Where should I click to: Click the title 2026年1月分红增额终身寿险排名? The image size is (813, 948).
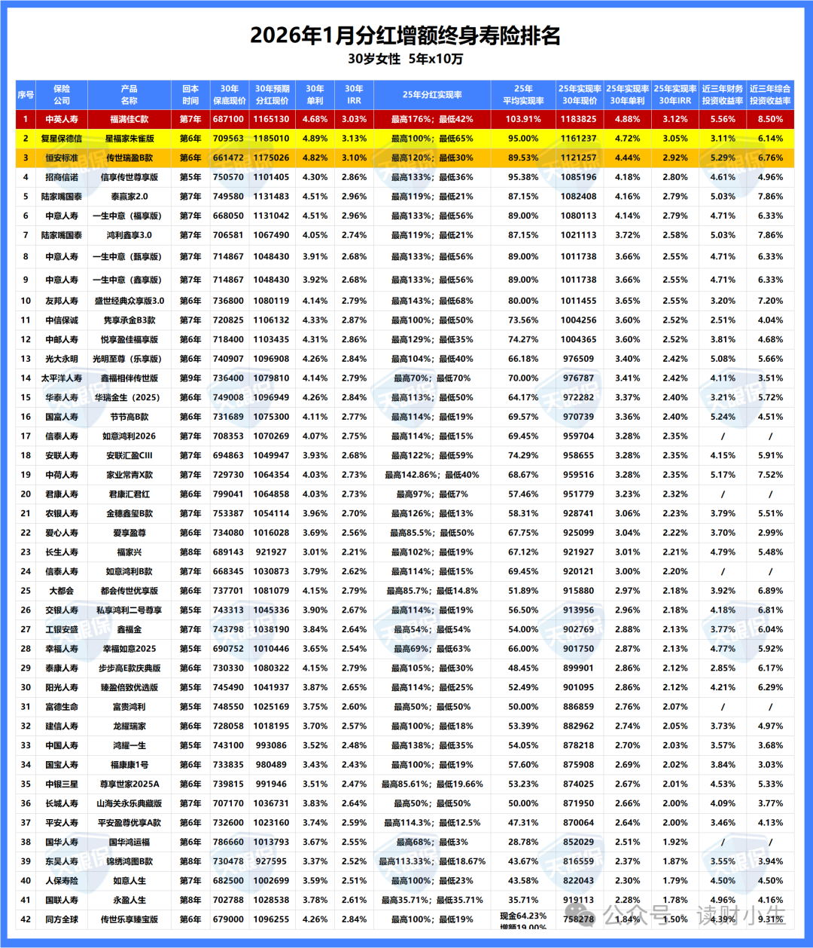[x=405, y=35]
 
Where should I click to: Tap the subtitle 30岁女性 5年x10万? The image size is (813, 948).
[x=405, y=59]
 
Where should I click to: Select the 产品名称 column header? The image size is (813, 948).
[x=129, y=95]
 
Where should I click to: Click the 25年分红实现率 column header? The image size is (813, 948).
[x=432, y=95]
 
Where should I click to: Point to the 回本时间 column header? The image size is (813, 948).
[x=190, y=95]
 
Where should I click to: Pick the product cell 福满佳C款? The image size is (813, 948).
[x=129, y=119]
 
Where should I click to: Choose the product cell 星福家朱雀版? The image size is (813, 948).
[x=129, y=139]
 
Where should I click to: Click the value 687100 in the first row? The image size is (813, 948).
[x=228, y=119]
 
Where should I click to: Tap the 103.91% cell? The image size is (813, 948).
[x=523, y=119]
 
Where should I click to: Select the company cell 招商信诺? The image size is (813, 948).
[x=62, y=178]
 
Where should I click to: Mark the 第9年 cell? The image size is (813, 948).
[x=190, y=378]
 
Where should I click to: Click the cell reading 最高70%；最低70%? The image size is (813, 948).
[x=432, y=378]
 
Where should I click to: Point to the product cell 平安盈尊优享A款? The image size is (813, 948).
[x=129, y=823]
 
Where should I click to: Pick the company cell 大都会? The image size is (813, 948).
[x=62, y=591]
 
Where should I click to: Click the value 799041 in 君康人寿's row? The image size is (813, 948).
[x=228, y=494]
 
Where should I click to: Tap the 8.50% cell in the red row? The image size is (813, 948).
[x=770, y=119]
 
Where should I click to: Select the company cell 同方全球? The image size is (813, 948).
[x=62, y=919]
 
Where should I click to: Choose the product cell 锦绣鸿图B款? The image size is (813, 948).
[x=129, y=861]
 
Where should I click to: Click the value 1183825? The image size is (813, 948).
[x=578, y=119]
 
